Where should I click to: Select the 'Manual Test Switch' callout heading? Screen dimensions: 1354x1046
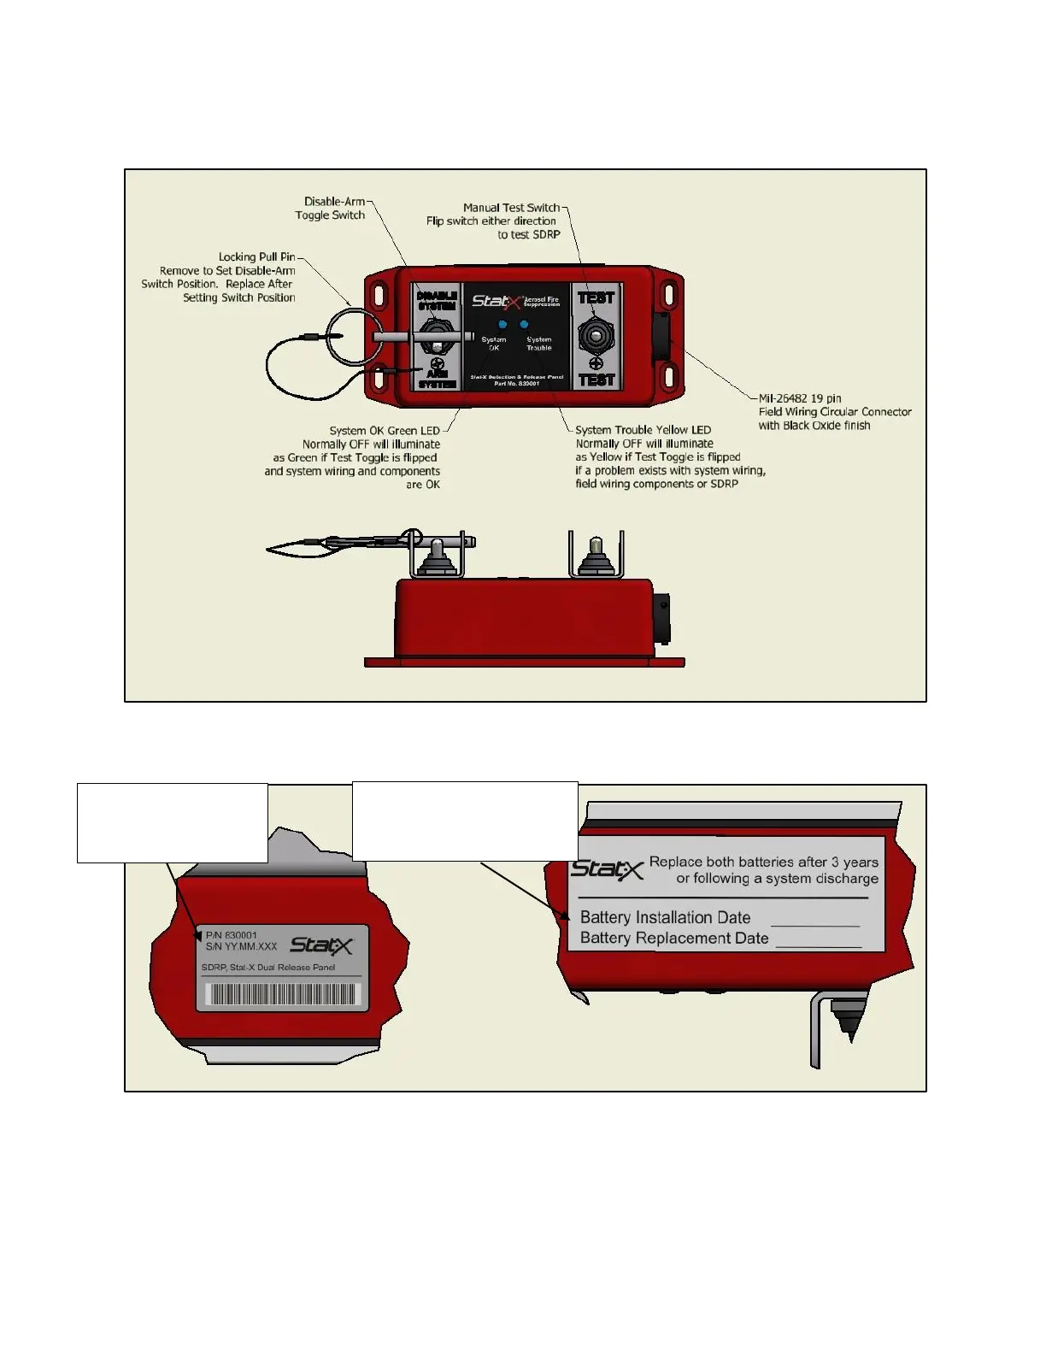[x=511, y=208]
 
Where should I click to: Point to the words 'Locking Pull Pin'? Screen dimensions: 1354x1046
[x=256, y=256]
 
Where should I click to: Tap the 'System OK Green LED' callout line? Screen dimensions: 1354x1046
[x=385, y=431]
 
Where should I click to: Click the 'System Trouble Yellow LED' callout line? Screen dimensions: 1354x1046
[x=643, y=430]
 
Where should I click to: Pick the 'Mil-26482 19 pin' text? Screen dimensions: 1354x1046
[x=800, y=398]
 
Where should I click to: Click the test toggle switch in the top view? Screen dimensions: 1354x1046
[x=596, y=336]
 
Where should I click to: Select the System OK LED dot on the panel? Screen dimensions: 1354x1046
[x=502, y=325]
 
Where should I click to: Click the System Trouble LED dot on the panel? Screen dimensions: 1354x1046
[x=524, y=325]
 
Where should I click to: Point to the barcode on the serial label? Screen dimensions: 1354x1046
[x=282, y=994]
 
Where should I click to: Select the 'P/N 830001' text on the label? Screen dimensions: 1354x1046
[x=231, y=935]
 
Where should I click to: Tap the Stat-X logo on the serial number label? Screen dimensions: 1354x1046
[x=320, y=945]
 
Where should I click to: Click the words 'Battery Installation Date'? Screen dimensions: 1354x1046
[x=665, y=917]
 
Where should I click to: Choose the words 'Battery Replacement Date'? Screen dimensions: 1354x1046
[x=673, y=938]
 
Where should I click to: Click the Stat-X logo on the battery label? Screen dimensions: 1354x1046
[x=607, y=869]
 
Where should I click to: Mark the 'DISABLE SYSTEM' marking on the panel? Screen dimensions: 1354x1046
[x=437, y=300]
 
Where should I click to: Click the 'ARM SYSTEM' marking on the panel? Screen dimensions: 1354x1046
[x=437, y=379]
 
